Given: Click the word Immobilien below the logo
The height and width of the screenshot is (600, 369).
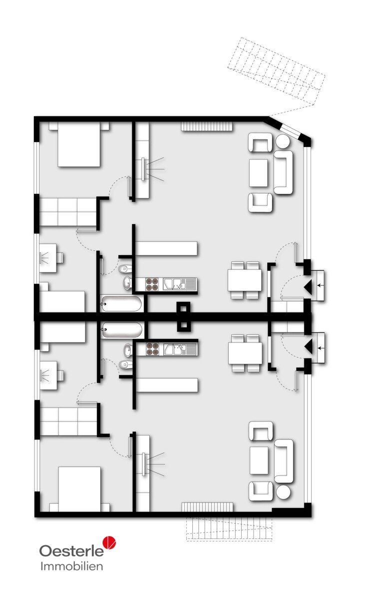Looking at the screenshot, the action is [72, 566].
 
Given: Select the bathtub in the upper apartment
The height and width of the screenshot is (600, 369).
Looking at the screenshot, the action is [121, 303].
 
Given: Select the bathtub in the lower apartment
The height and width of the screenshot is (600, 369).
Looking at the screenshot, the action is [121, 329].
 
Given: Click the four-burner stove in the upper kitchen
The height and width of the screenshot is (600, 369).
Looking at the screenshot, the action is [152, 284].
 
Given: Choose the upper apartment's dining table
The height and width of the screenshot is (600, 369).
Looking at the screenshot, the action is [245, 280].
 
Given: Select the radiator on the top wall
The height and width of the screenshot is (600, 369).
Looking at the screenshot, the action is [207, 126].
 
